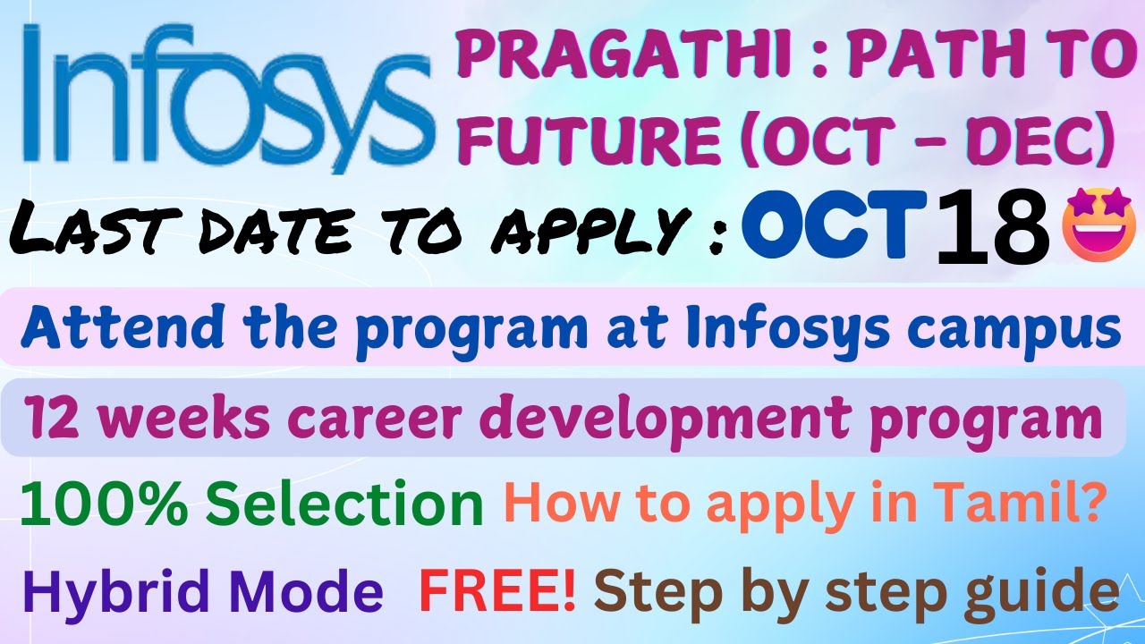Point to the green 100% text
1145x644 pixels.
[x=103, y=505]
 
